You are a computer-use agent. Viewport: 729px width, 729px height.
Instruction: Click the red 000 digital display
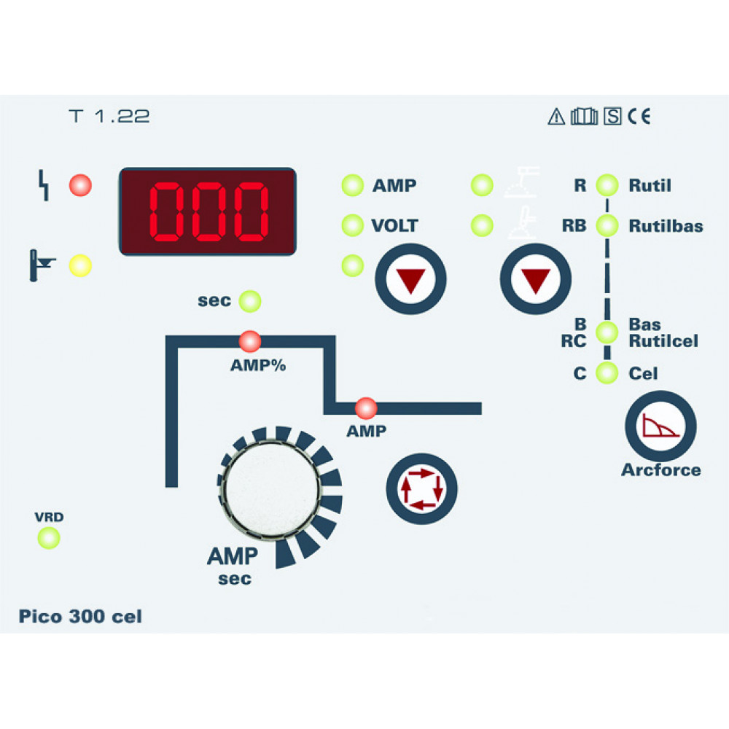click(x=207, y=211)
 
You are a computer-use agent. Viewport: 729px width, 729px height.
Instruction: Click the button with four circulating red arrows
click(x=421, y=488)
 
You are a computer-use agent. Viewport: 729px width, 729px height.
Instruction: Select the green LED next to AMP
click(x=352, y=185)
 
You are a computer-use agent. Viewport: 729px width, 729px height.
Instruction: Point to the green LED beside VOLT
click(x=352, y=225)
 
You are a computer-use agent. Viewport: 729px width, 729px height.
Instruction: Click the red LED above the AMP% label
click(x=249, y=341)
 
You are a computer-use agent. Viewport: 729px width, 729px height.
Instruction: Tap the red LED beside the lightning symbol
click(x=80, y=185)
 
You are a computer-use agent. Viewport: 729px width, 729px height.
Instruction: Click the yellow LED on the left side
click(x=80, y=265)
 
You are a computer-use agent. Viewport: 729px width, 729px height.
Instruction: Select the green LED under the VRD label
click(x=49, y=538)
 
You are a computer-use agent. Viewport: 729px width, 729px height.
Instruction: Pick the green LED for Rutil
click(x=607, y=185)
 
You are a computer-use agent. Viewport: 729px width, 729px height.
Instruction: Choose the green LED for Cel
click(x=607, y=373)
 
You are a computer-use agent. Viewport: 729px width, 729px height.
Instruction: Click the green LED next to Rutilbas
click(x=607, y=225)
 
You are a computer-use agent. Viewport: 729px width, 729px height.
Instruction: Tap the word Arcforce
click(x=661, y=470)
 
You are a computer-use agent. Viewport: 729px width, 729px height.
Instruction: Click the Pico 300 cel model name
click(x=80, y=617)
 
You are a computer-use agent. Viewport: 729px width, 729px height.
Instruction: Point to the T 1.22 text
click(x=109, y=116)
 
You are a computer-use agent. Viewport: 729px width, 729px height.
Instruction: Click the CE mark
click(x=639, y=116)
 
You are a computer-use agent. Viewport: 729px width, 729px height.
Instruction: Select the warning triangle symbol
click(x=556, y=116)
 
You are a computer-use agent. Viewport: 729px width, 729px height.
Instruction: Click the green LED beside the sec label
click(x=249, y=301)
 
